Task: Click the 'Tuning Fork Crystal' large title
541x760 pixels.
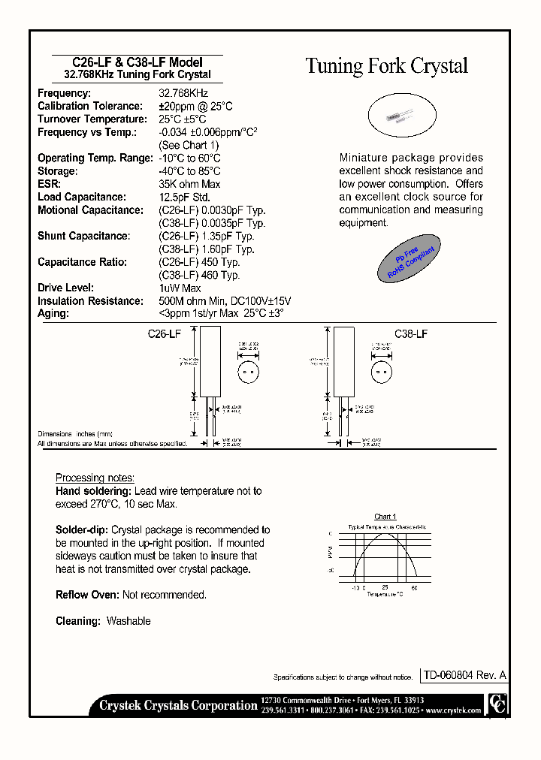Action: pos(386,66)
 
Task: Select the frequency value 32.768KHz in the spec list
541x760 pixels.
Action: pos(183,93)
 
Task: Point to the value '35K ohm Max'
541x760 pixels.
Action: pos(189,184)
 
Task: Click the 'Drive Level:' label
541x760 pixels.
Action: pos(65,288)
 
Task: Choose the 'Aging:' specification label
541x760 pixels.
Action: pos(53,313)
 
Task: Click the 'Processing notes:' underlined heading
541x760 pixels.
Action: pos(95,478)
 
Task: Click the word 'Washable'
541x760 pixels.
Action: pos(128,621)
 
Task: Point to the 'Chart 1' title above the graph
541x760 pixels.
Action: pos(385,517)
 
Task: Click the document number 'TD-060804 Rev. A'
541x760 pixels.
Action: pos(464,676)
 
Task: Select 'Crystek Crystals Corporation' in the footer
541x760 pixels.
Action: pos(178,705)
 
